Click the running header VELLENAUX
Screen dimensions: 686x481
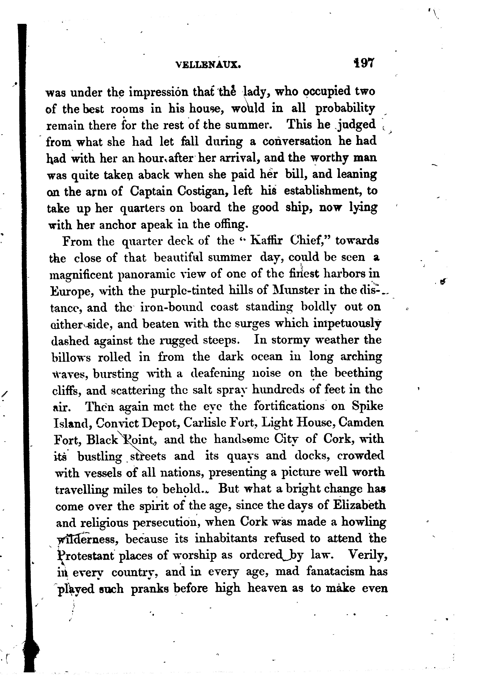pyautogui.click(x=208, y=64)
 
